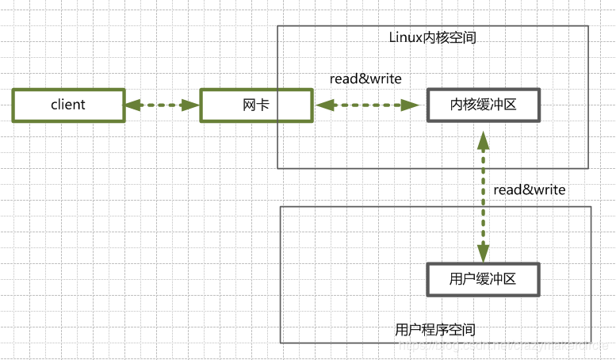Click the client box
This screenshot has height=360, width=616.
(x=68, y=105)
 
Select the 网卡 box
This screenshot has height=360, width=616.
(x=255, y=105)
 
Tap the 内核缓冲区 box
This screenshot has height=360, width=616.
(x=483, y=105)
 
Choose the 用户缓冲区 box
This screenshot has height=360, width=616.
(x=483, y=279)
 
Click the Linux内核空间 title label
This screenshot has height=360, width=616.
(x=432, y=37)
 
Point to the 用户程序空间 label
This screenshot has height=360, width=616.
(x=435, y=329)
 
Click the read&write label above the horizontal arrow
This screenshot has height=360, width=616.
(x=365, y=79)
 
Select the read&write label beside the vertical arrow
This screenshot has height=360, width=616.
(x=529, y=190)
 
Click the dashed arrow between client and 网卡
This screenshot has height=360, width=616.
(x=162, y=105)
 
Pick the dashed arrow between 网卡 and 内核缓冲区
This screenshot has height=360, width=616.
(x=366, y=105)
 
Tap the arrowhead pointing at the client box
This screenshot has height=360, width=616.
(x=132, y=105)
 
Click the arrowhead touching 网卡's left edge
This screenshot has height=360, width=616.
(x=192, y=105)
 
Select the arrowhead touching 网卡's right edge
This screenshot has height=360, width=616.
(x=322, y=105)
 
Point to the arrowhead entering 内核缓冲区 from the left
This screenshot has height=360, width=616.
(x=412, y=105)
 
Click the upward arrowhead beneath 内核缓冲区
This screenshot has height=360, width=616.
(x=482, y=140)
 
